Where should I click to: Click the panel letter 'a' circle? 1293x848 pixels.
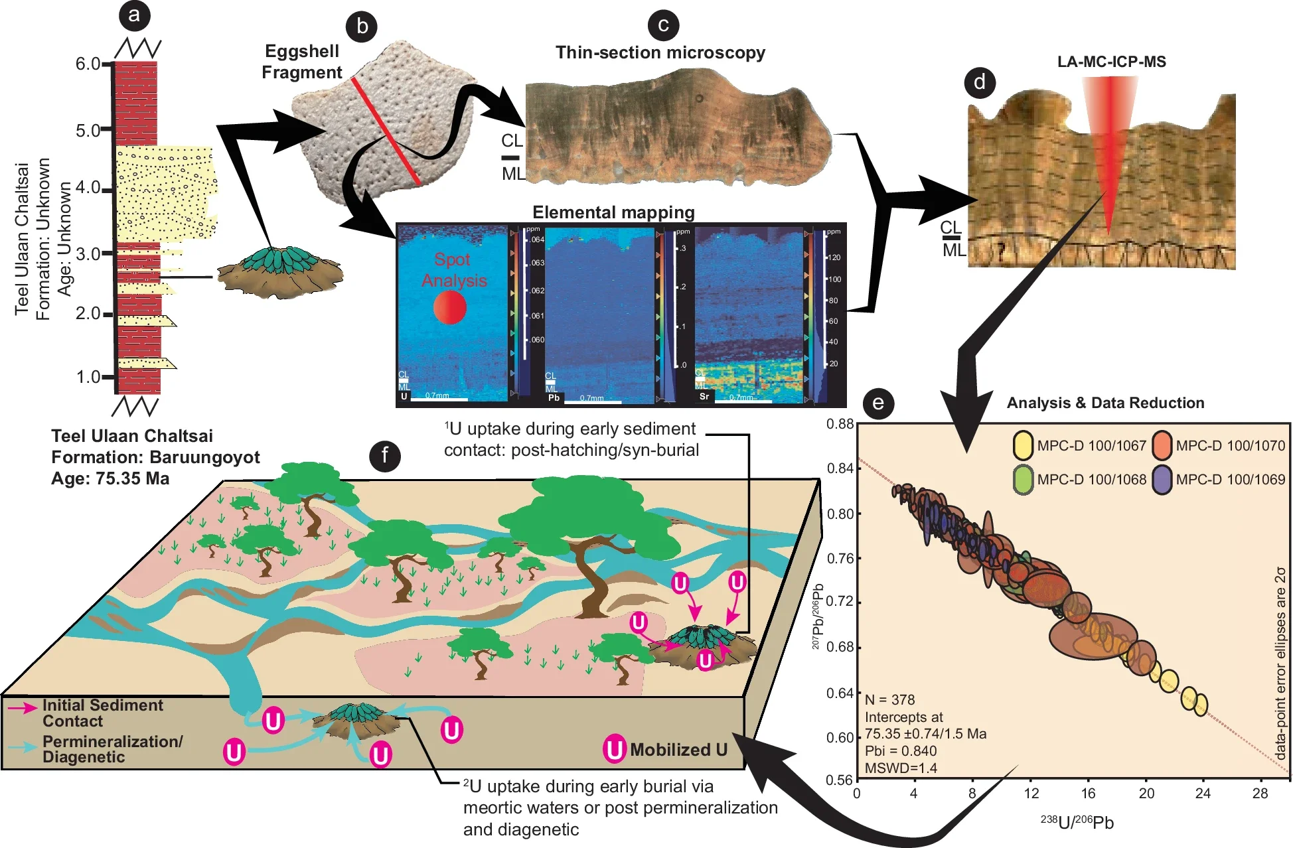pos(134,15)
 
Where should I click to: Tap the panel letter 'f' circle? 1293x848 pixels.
pos(384,456)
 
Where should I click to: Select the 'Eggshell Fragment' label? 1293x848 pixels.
pos(302,62)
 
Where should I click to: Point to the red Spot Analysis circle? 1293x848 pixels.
pos(450,307)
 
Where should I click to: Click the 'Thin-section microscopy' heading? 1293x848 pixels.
pos(660,53)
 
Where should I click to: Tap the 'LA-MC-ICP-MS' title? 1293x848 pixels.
pos(1111,62)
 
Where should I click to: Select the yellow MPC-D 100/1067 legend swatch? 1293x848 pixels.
pos(1023,446)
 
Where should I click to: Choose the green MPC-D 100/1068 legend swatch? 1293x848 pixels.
pos(1023,480)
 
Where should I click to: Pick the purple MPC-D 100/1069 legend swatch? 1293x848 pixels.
pos(1162,480)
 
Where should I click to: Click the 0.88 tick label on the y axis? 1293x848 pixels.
pos(840,424)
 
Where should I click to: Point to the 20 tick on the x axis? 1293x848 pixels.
pos(1146,794)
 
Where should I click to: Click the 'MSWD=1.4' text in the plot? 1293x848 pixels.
pos(901,768)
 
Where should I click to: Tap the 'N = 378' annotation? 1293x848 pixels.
pos(889,699)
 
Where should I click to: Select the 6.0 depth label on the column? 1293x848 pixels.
pos(88,64)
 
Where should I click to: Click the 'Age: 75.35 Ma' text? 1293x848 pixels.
pos(110,479)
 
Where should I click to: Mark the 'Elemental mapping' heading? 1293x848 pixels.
pos(613,212)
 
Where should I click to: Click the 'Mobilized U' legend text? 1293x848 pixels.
pos(678,750)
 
